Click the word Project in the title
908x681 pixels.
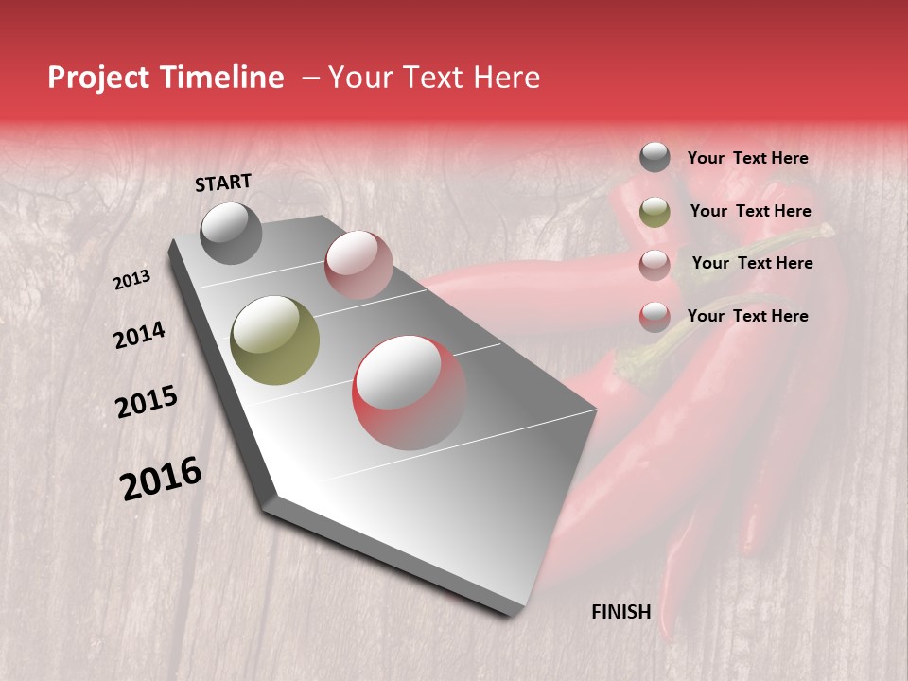[96, 78]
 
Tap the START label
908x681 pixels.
[223, 183]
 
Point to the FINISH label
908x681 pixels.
[621, 612]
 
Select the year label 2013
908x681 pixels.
[132, 280]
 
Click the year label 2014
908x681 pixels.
[139, 336]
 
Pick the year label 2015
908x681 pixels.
[147, 402]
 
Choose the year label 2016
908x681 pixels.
[161, 478]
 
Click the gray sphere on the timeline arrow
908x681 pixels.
[232, 233]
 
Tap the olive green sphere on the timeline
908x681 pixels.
[275, 340]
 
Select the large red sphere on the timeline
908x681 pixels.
[410, 393]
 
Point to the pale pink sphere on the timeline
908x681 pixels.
[358, 264]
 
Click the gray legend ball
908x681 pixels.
[655, 158]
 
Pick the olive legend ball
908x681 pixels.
[655, 212]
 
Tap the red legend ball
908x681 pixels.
[655, 316]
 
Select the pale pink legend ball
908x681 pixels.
[655, 264]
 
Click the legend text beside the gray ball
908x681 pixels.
[748, 159]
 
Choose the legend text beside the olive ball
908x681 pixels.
[751, 212]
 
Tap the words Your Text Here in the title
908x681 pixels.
[434, 78]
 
